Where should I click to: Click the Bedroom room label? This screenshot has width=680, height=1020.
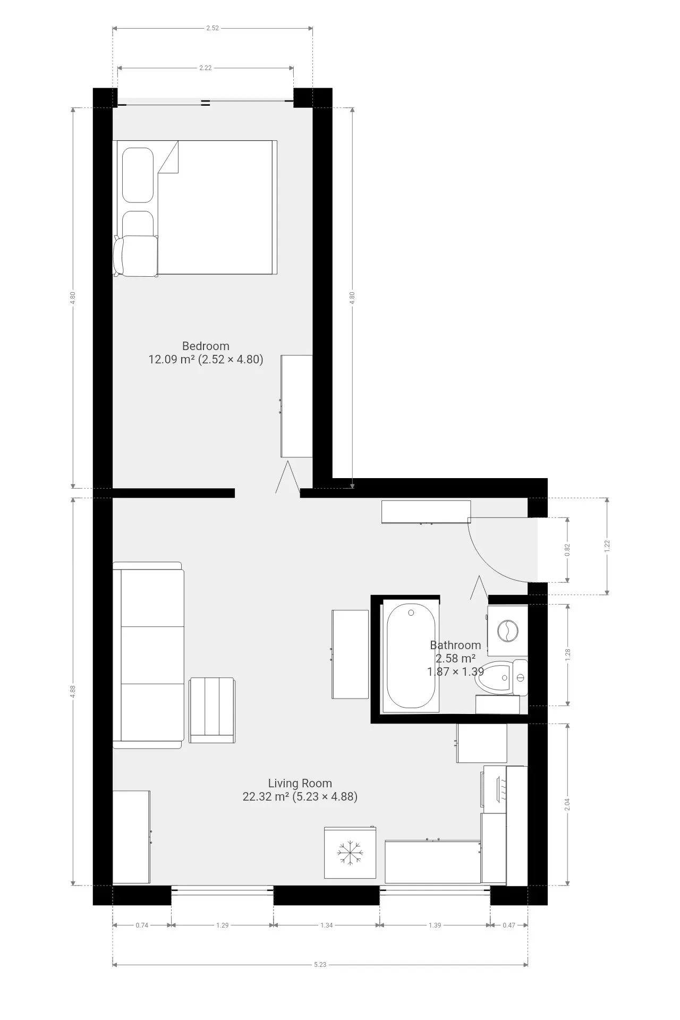(206, 346)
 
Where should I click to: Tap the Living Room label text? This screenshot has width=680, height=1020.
(300, 783)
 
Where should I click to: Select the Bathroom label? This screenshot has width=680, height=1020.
(455, 645)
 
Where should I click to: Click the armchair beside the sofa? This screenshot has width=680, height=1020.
(212, 710)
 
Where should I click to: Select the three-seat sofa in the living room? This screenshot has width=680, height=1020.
(148, 655)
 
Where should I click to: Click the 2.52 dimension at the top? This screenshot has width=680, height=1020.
(212, 28)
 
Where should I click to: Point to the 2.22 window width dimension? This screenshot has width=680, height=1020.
(206, 68)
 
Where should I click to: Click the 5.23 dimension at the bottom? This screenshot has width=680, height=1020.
(320, 964)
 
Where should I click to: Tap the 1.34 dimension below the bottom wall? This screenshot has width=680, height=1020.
(327, 925)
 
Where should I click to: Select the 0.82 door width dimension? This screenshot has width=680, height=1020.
(567, 549)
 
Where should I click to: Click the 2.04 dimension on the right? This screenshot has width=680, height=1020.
(567, 804)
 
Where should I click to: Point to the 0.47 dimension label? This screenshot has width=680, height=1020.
(509, 925)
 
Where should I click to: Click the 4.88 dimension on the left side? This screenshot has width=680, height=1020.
(73, 692)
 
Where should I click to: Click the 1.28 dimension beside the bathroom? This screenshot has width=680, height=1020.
(567, 655)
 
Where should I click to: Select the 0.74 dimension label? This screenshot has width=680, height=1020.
(142, 925)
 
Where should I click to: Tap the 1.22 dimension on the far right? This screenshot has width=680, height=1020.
(607, 546)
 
